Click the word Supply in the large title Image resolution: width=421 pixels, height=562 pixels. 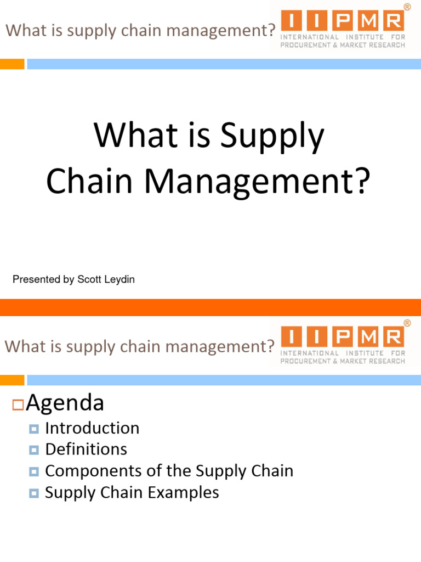(x=272, y=137)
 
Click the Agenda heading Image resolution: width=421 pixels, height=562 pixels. (x=65, y=403)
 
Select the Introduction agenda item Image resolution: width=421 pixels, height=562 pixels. (x=92, y=428)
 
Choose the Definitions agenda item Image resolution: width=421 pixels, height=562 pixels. (x=86, y=449)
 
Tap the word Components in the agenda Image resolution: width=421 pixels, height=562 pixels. (x=88, y=471)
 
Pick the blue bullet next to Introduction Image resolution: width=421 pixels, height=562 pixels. (x=34, y=429)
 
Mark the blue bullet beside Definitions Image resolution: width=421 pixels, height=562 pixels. (x=34, y=450)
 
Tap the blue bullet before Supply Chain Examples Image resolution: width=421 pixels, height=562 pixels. (x=34, y=493)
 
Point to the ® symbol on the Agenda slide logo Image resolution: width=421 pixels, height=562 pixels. (x=407, y=324)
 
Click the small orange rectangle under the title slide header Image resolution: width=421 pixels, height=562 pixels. (x=12, y=64)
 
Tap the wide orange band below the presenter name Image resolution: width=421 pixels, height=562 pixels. (x=210, y=307)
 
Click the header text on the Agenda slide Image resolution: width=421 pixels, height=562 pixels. (x=139, y=346)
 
